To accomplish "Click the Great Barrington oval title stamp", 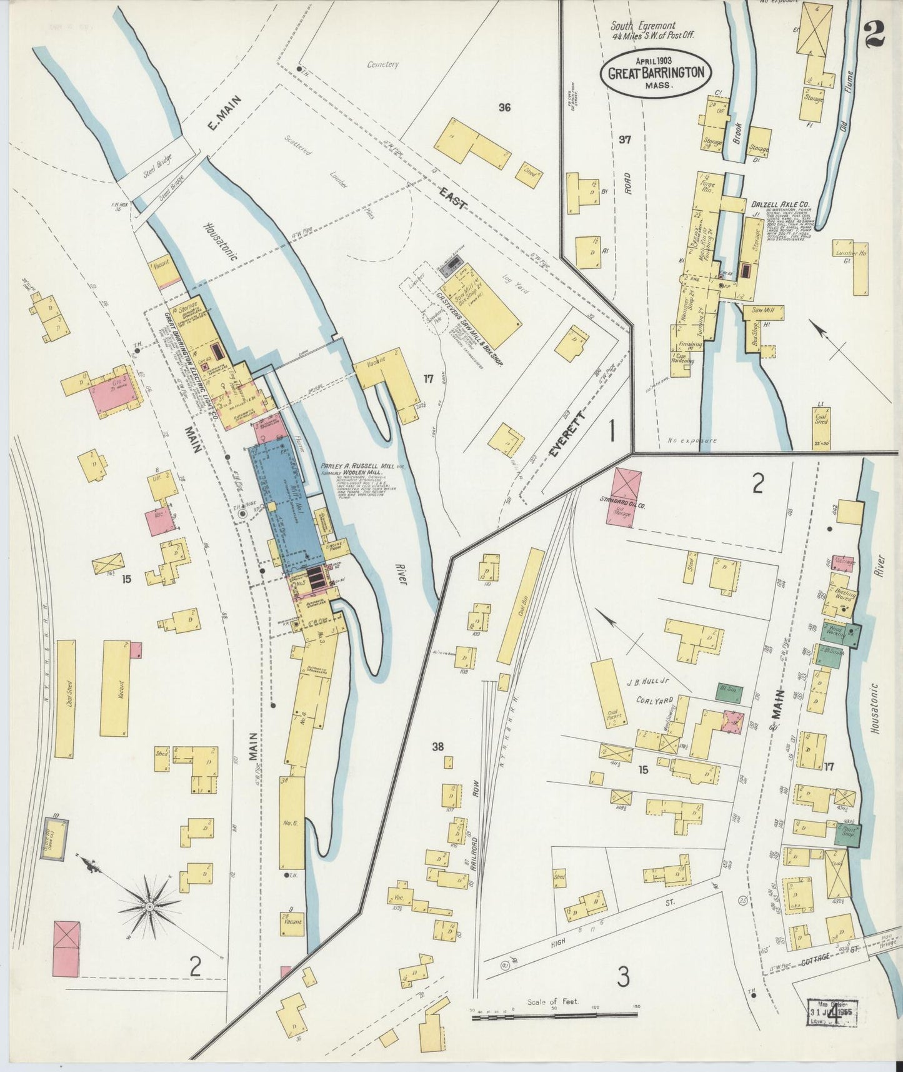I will pos(656,73).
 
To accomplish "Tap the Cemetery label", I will pos(383,64).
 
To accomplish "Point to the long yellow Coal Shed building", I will pos(65,697).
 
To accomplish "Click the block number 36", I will pos(504,108).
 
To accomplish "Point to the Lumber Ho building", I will pos(860,269).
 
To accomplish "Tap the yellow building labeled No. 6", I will pos(292,822).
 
